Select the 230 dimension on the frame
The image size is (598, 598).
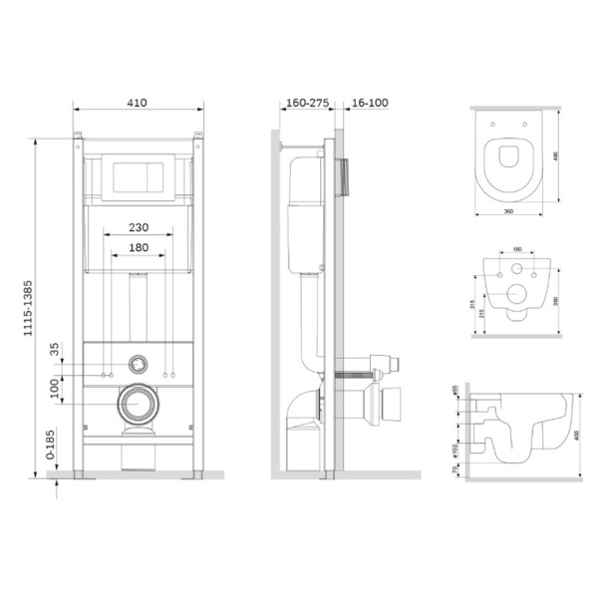[x=139, y=226]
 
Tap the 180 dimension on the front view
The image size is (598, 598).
[x=139, y=246]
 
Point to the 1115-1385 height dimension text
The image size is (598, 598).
[x=37, y=299]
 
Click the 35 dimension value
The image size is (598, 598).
[x=56, y=351]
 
